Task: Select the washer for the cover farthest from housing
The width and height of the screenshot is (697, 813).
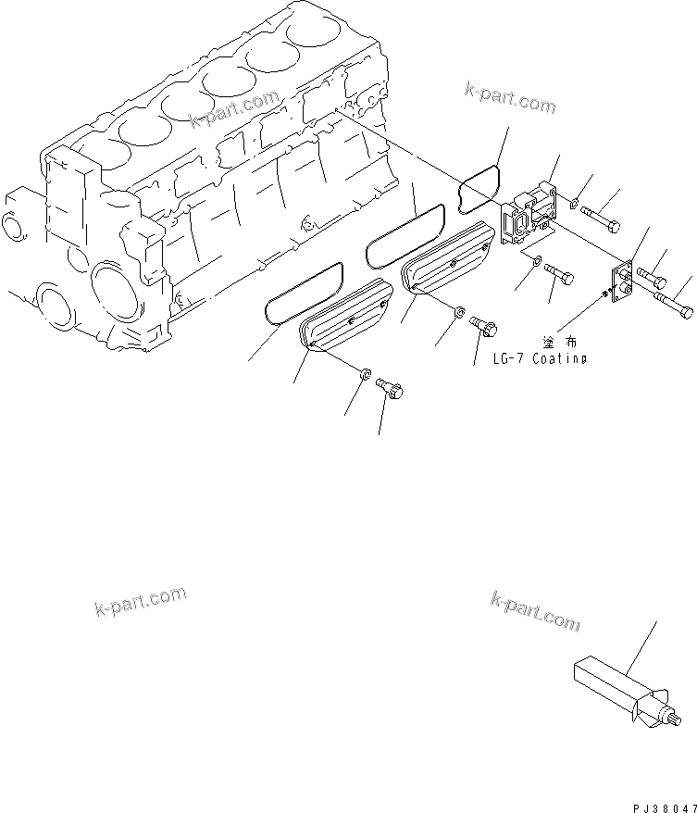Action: click(366, 375)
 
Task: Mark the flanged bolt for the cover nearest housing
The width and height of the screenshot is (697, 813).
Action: click(485, 326)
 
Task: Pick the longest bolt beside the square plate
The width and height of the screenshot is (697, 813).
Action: click(674, 304)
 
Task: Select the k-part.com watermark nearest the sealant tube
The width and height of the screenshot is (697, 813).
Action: click(536, 612)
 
